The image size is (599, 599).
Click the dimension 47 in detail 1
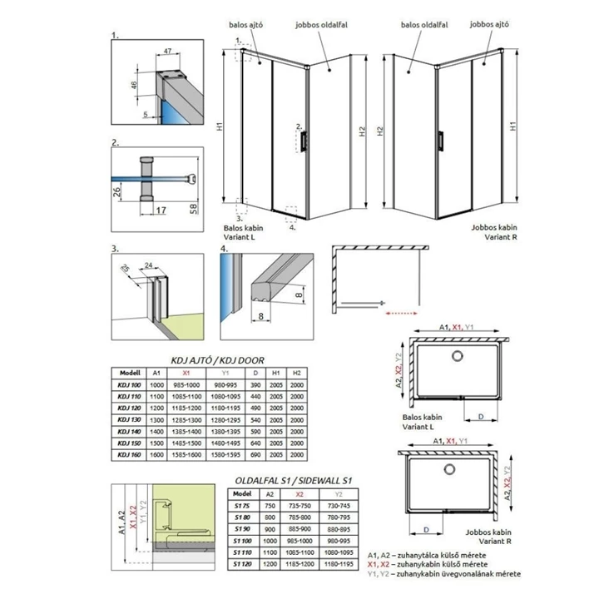click(x=167, y=52)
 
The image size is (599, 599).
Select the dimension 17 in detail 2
click(x=160, y=210)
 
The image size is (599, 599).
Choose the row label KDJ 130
click(x=130, y=420)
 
